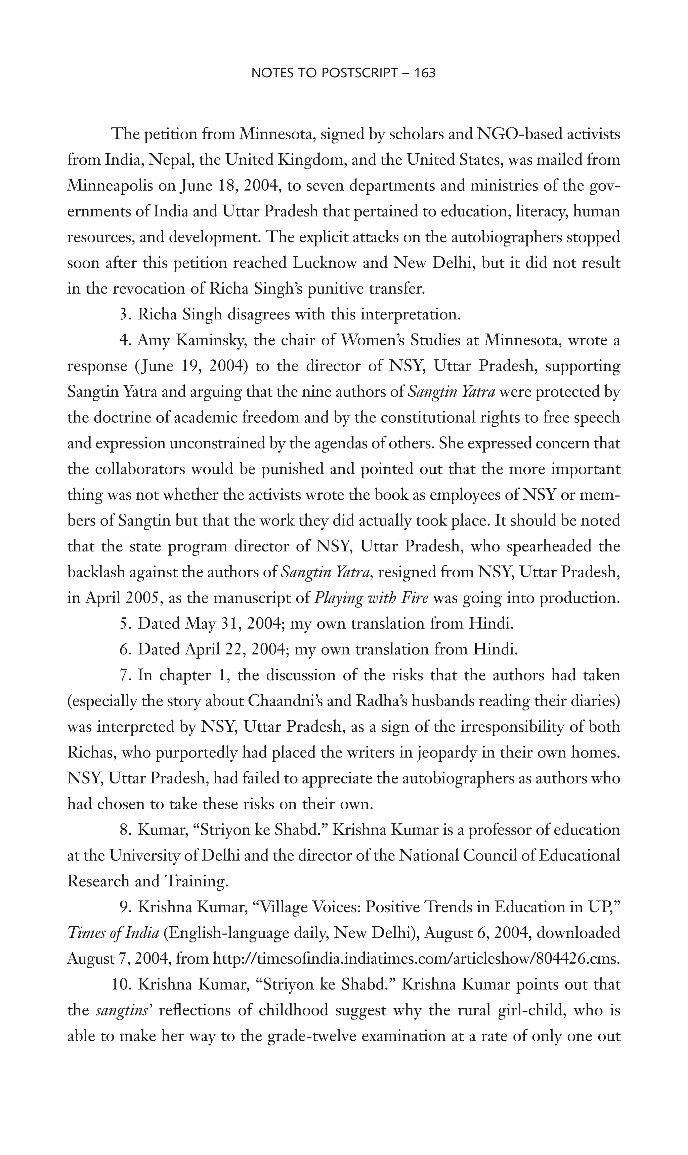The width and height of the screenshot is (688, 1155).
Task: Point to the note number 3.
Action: click(x=124, y=315)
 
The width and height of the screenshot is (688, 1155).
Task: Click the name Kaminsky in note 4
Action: click(x=205, y=341)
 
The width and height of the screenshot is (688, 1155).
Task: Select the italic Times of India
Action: click(x=113, y=933)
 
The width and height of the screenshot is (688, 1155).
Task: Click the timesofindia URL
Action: click(x=416, y=958)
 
